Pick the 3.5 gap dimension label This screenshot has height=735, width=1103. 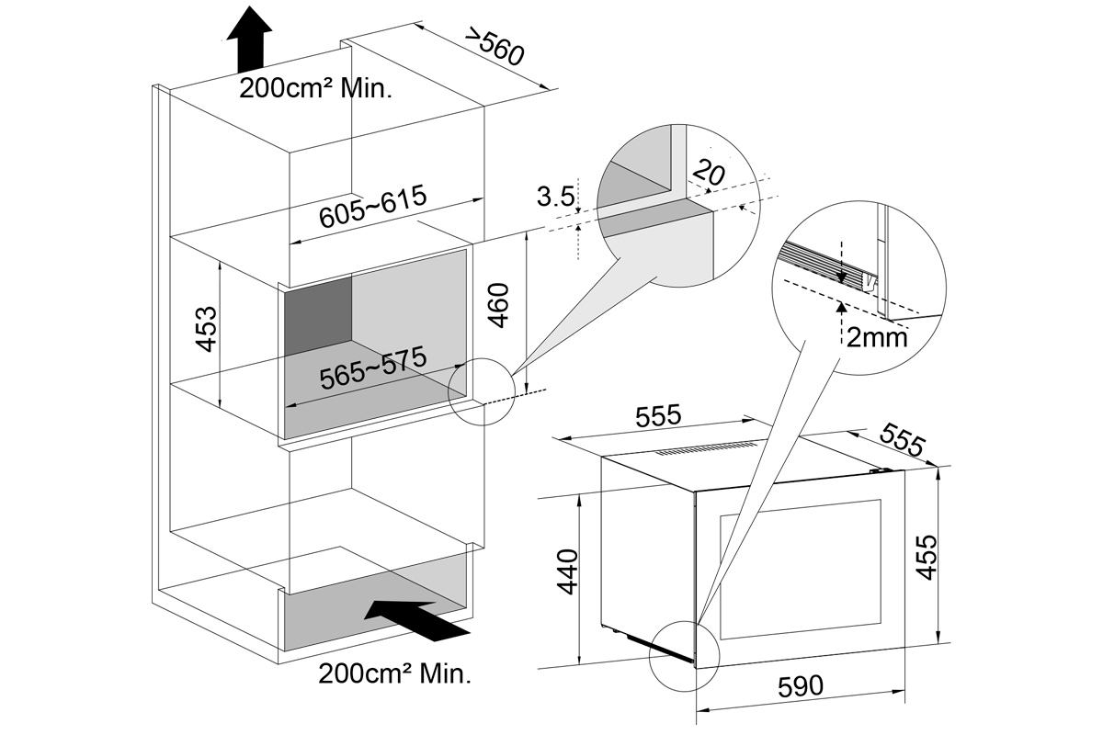pos(555,196)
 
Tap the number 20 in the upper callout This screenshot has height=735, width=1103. pos(709,171)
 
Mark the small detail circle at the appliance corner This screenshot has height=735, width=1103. pos(681,654)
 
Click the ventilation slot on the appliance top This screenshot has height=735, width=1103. pos(704,449)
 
